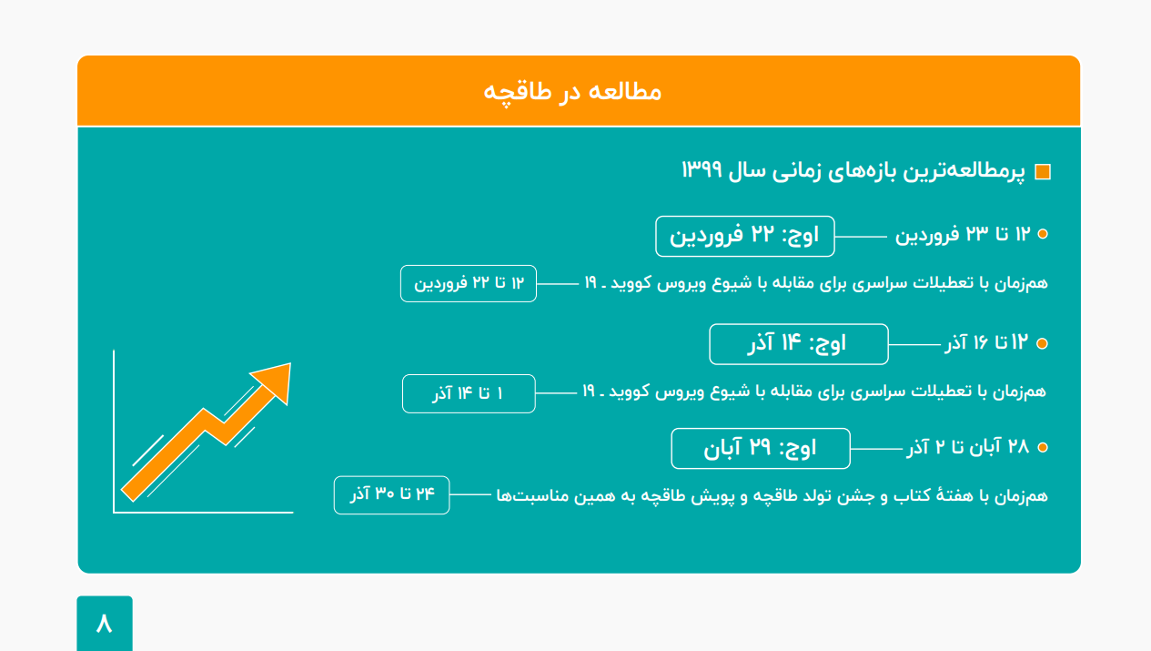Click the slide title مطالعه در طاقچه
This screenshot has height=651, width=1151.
(x=572, y=93)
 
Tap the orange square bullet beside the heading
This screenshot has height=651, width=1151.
(x=1043, y=172)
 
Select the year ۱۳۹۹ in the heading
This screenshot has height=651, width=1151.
(x=702, y=169)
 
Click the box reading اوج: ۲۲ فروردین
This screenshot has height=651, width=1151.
(x=745, y=236)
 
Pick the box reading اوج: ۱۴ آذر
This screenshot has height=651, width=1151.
(x=799, y=344)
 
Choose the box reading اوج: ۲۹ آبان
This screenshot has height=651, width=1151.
(x=761, y=448)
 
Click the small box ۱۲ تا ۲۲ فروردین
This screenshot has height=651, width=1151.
(x=469, y=284)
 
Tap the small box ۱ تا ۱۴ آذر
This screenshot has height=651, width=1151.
(x=469, y=394)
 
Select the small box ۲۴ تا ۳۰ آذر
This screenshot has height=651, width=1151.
(x=391, y=495)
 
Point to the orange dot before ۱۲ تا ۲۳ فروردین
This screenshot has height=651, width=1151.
(x=1043, y=234)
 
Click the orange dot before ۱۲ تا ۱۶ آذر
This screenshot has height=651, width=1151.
(x=1042, y=343)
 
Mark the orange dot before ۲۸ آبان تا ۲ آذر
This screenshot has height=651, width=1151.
(x=1043, y=447)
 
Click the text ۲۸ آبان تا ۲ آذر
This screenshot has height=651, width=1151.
(x=968, y=447)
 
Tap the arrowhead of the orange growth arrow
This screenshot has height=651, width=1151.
(x=275, y=381)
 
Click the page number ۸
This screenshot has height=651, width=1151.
(x=105, y=624)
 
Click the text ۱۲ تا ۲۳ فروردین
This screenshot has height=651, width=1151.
(x=963, y=235)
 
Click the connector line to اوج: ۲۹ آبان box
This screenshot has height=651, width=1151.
(x=876, y=449)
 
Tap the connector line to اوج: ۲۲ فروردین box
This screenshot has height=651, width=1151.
(x=861, y=237)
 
